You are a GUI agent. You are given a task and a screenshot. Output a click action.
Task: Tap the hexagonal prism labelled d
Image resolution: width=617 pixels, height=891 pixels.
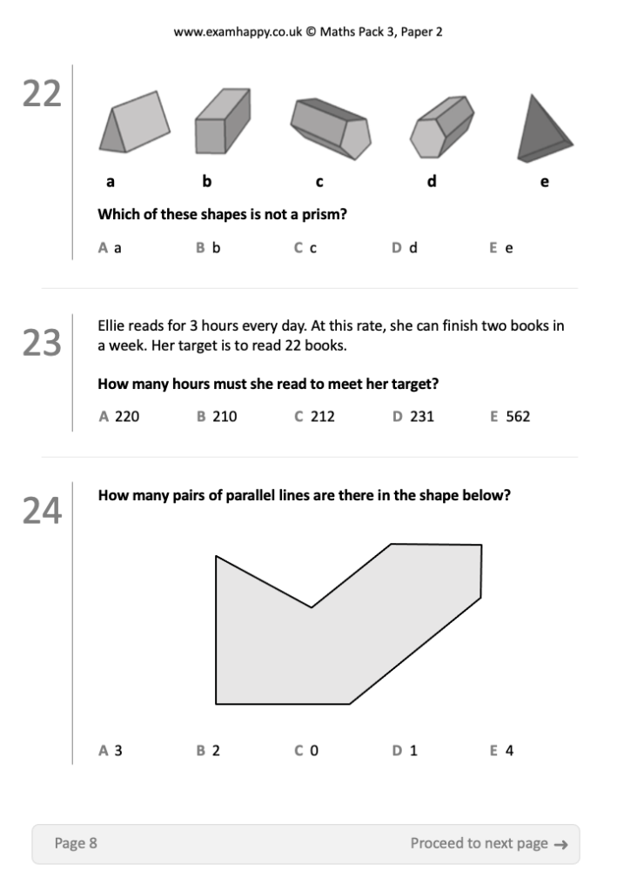click(443, 125)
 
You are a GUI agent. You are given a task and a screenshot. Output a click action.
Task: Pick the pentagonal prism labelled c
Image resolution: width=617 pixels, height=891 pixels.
click(331, 129)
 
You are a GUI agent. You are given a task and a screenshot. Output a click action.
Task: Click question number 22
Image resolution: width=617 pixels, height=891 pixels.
click(42, 94)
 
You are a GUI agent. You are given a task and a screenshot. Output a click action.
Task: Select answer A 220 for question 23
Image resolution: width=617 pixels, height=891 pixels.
click(119, 417)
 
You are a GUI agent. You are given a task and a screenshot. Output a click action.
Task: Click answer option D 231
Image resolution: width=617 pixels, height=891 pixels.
click(412, 417)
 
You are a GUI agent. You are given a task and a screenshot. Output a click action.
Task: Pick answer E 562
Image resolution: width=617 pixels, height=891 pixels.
click(510, 417)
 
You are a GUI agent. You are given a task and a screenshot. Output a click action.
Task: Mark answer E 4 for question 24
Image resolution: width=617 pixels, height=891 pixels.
click(502, 750)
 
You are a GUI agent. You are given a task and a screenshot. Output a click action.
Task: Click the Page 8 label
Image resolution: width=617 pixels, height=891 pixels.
click(76, 843)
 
